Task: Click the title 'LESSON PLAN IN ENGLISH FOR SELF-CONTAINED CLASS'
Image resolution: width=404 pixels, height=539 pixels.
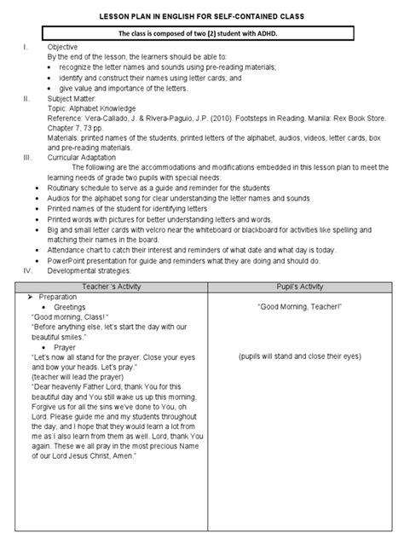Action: (x=201, y=16)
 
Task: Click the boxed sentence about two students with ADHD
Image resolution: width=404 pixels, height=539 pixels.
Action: (x=201, y=35)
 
